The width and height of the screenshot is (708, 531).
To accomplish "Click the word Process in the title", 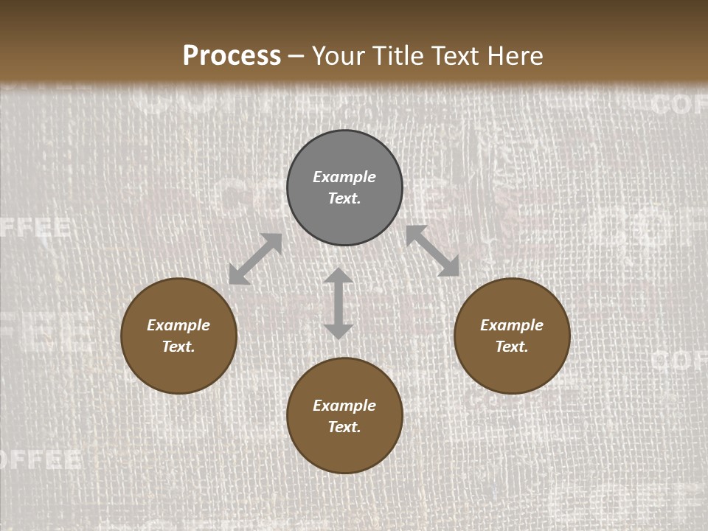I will tap(232, 56).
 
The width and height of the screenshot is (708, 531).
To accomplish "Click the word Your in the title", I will tap(336, 56).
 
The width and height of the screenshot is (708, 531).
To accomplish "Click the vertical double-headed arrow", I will tap(339, 303).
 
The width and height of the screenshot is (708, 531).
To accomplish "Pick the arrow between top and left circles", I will tap(255, 259).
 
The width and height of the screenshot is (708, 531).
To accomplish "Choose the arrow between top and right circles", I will tap(433, 251).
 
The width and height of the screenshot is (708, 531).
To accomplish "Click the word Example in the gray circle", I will tap(344, 177).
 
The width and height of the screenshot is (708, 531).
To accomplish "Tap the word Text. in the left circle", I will tap(178, 347).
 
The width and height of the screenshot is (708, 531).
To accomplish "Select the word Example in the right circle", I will tap(512, 325).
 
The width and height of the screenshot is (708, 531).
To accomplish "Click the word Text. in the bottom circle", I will tap(344, 427).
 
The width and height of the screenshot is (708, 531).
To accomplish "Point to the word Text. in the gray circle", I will tap(344, 198).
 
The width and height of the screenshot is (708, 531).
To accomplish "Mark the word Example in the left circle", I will tap(178, 325).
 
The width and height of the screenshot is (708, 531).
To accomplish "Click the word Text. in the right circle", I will tap(512, 347).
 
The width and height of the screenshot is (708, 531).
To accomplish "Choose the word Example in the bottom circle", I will tap(344, 406).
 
